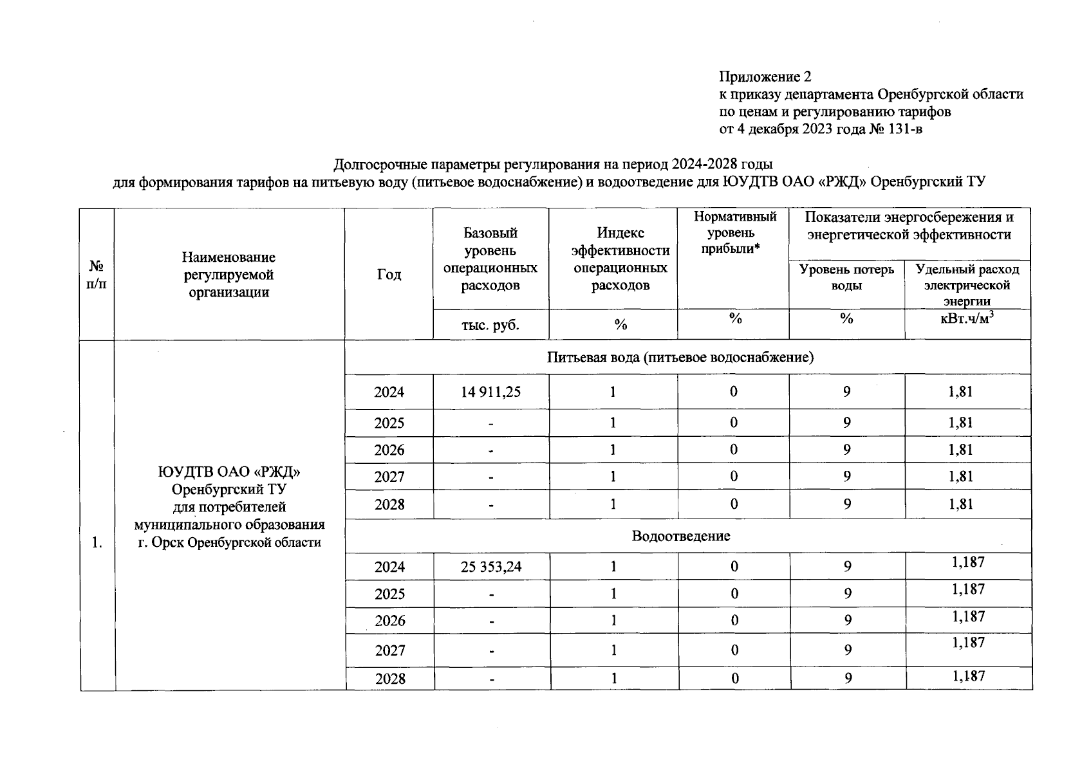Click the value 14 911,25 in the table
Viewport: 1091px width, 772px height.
(490, 392)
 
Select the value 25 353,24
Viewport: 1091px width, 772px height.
(490, 567)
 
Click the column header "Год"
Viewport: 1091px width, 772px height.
(389, 275)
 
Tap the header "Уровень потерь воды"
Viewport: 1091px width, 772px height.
(846, 277)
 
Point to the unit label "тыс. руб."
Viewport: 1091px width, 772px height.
(490, 325)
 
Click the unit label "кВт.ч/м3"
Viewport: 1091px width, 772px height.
(967, 318)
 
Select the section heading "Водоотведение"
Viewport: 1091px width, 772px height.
(681, 536)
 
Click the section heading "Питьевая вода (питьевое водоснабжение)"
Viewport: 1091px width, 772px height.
(680, 358)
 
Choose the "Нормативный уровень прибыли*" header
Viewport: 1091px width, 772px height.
(734, 233)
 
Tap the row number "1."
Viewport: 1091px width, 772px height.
(97, 542)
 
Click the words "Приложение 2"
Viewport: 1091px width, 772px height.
(765, 77)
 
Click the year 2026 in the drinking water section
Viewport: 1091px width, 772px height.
(389, 450)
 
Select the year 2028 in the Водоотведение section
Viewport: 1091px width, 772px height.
(390, 679)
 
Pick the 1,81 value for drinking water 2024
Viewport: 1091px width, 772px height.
(960, 392)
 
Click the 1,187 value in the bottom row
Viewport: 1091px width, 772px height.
(968, 675)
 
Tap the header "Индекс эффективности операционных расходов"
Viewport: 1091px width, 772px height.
(620, 259)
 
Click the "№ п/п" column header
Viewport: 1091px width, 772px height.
(97, 275)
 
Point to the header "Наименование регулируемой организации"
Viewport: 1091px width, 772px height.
(228, 275)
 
